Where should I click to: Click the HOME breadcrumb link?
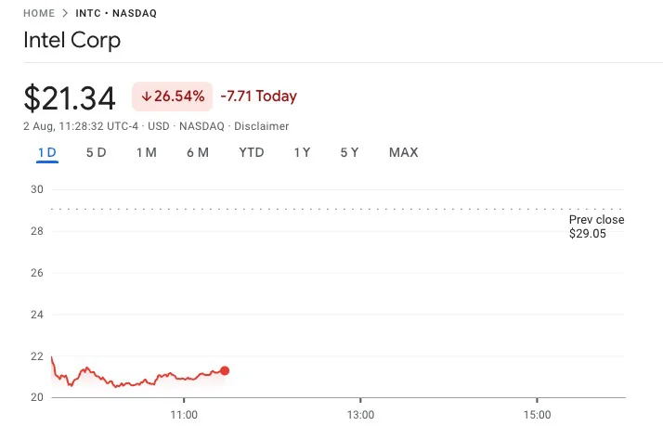[x=39, y=13]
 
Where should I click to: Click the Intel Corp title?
[x=71, y=40]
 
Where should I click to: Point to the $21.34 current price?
[x=70, y=98]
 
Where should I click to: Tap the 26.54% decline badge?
[x=172, y=97]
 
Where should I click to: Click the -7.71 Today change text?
[x=259, y=96]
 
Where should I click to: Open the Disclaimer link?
[x=261, y=126]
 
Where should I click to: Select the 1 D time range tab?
[x=47, y=152]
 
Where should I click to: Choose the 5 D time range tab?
[x=96, y=152]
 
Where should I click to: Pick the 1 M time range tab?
[x=147, y=152]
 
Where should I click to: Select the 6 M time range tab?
[x=198, y=152]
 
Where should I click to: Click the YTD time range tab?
[x=251, y=152]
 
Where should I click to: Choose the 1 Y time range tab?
[x=302, y=152]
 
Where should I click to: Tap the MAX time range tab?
[x=403, y=152]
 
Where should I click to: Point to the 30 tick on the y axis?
[x=37, y=189]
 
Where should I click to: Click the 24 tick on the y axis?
[x=37, y=315]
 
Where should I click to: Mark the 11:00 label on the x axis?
[x=184, y=415]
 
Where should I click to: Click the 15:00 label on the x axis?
[x=537, y=415]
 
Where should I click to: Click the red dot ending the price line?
[x=225, y=370]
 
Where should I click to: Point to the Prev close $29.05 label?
[x=596, y=226]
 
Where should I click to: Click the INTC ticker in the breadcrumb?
[x=88, y=13]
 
